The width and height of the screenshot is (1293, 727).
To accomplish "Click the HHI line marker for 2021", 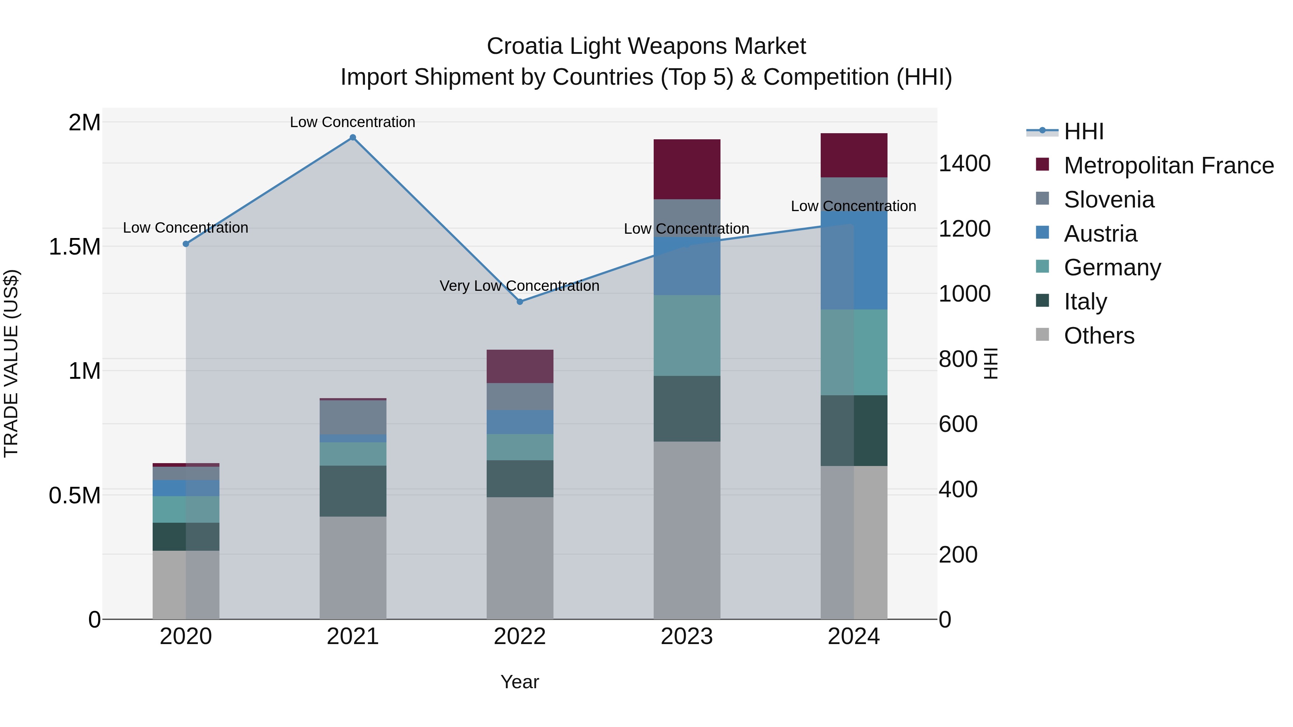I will point(353,138).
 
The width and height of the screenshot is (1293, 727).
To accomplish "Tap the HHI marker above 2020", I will point(186,244).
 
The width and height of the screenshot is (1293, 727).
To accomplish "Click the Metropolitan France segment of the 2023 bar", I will point(687,169).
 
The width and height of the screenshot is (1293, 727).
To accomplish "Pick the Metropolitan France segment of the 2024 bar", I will point(854,155).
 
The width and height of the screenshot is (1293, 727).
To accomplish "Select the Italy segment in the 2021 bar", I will point(353,491).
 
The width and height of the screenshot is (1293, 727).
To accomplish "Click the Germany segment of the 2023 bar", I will point(687,335).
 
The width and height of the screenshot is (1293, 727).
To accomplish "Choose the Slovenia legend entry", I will point(1109,200).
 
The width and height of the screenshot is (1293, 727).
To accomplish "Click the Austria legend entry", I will point(1100,234).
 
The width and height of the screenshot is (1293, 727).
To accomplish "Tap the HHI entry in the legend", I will point(1083,131).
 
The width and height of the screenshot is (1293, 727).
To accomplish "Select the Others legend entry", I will point(1099,336).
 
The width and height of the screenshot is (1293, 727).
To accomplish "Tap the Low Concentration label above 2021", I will point(352,122).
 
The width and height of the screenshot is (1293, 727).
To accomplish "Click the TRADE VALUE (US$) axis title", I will point(11,363).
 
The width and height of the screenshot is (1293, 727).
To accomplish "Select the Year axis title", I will point(519,682).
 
